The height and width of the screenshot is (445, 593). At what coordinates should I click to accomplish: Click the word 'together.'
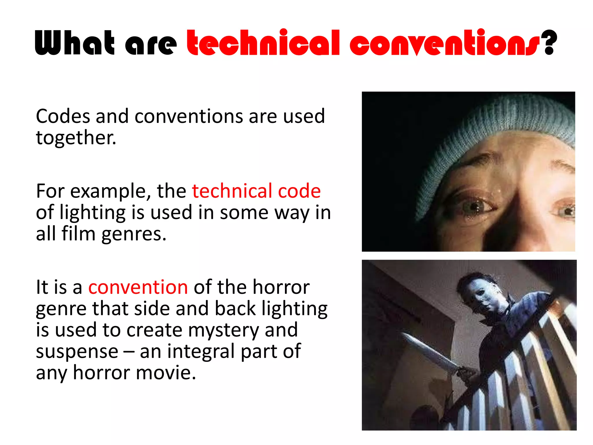76,138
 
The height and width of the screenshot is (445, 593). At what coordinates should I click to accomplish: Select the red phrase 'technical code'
256,191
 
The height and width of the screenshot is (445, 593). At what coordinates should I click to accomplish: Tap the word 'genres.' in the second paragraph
134,234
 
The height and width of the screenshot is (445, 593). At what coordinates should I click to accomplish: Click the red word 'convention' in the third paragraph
138,287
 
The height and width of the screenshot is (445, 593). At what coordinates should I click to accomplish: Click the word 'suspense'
77,351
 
